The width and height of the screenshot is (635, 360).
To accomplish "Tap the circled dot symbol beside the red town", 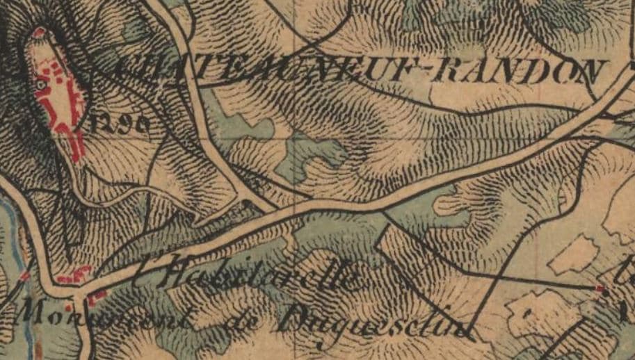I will tap(41, 84).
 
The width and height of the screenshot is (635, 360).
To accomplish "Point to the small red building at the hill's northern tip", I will tap(38, 33).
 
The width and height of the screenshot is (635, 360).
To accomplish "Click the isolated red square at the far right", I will tap(600, 287).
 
